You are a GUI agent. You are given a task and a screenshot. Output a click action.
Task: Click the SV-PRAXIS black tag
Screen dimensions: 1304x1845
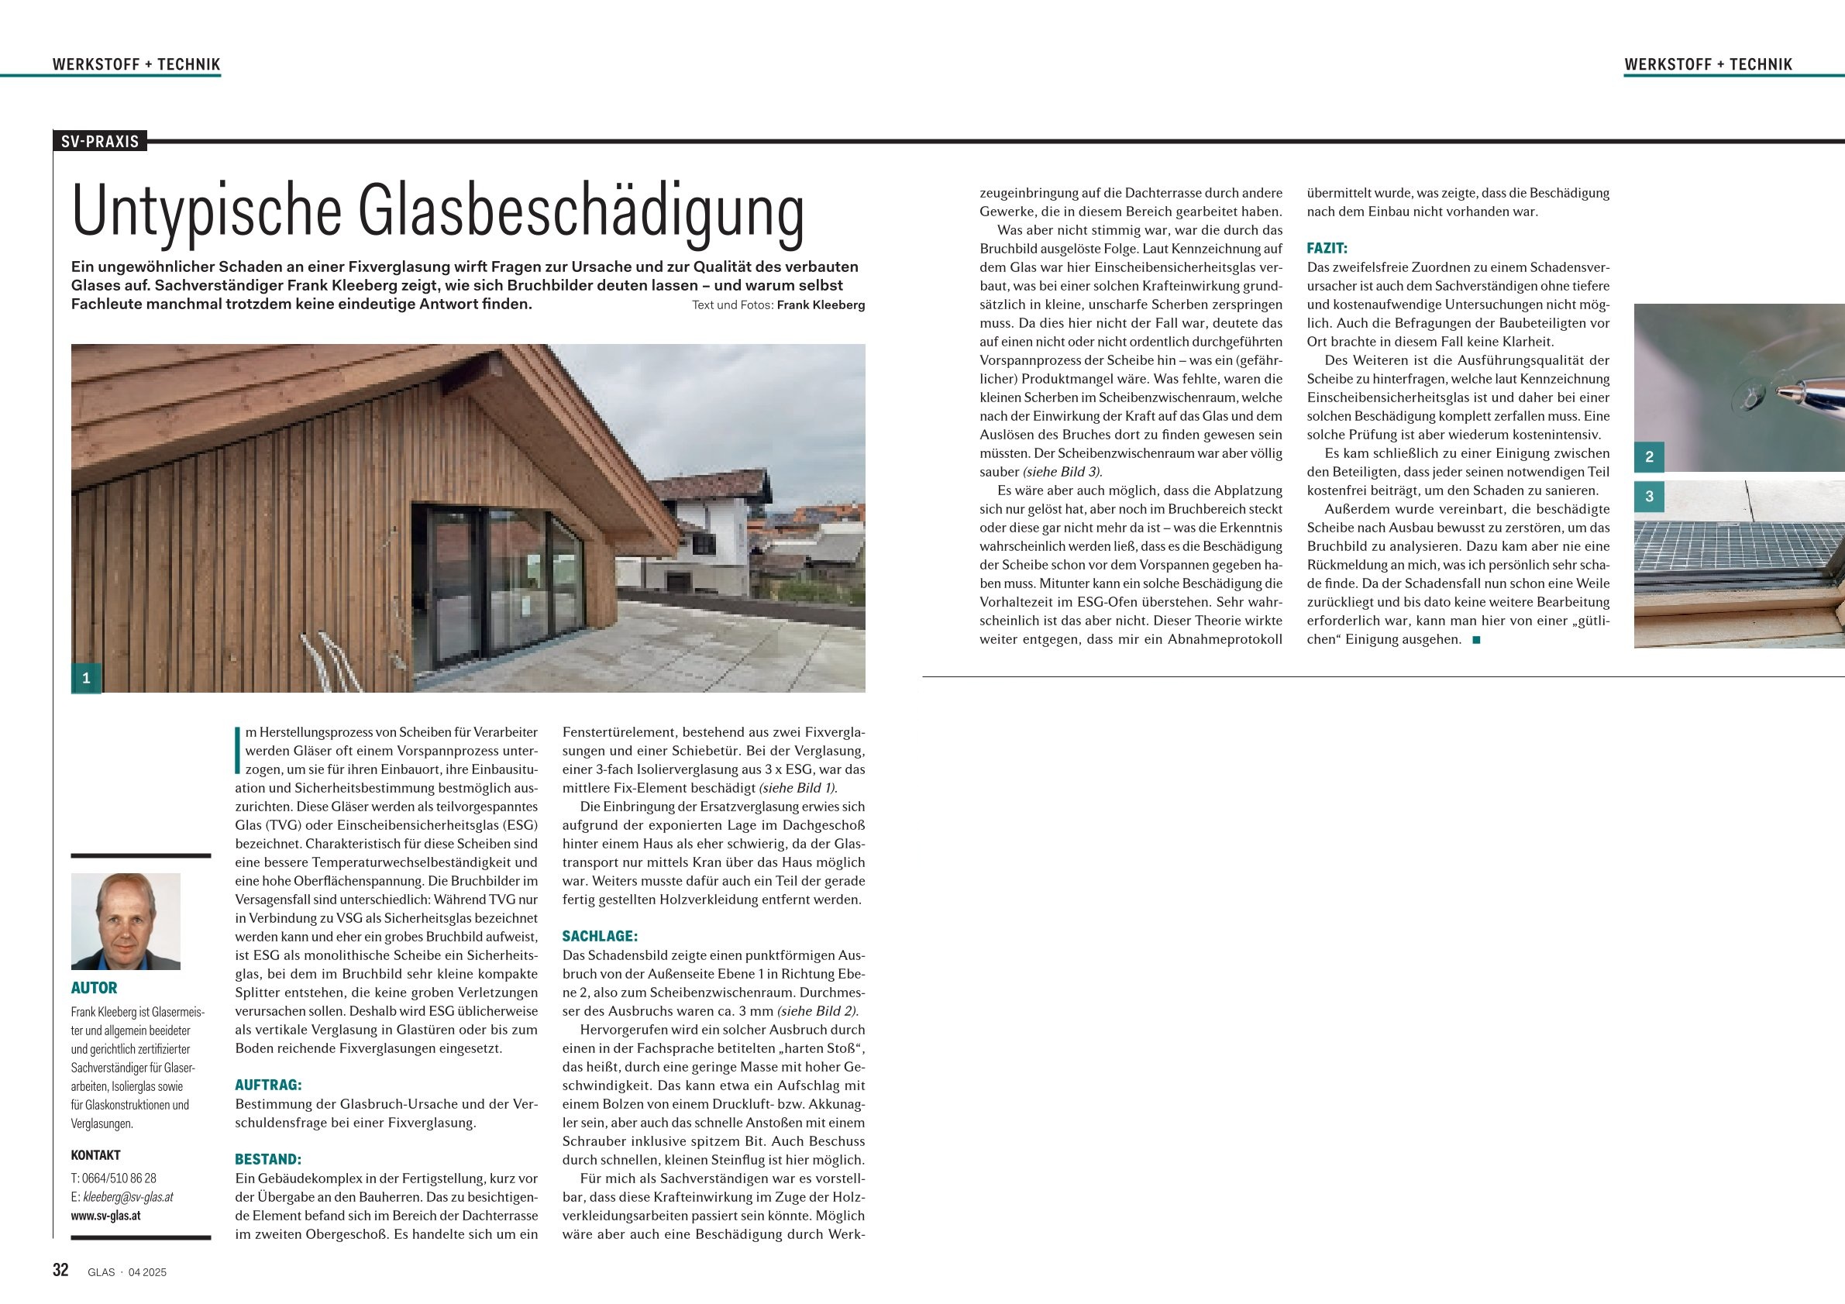tap(101, 143)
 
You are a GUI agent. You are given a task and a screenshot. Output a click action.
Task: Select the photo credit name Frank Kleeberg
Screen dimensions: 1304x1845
tap(821, 305)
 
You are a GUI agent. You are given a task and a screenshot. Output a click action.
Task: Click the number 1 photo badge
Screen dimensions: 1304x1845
tap(86, 678)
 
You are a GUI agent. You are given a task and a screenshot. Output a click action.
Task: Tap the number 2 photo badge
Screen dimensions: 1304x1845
tap(1649, 457)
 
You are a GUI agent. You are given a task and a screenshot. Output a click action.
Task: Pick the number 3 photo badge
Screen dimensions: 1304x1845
tap(1649, 497)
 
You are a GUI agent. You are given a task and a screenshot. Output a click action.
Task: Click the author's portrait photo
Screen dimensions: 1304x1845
tap(126, 920)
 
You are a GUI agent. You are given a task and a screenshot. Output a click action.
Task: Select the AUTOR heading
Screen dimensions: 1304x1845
tap(94, 988)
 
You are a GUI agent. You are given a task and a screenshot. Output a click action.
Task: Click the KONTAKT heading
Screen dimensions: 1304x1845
tap(95, 1155)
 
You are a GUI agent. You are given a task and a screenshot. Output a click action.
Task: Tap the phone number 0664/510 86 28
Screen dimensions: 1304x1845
tap(119, 1178)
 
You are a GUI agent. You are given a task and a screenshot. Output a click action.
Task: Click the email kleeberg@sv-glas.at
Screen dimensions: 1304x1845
tap(128, 1197)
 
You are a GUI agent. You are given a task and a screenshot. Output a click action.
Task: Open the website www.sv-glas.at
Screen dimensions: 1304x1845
tap(105, 1216)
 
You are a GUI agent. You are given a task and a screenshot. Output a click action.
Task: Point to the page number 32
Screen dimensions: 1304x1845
tap(60, 1270)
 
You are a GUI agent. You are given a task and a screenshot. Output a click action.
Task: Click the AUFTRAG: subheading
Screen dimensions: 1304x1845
tap(268, 1085)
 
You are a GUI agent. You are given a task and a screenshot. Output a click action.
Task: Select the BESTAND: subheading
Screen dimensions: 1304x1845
tap(267, 1159)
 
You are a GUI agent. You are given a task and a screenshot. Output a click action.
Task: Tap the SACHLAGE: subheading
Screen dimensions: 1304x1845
tap(600, 936)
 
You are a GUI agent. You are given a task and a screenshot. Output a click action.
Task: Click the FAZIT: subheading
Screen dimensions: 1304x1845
tap(1327, 248)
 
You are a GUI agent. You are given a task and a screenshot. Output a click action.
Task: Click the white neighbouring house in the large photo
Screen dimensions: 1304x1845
tap(707, 530)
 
